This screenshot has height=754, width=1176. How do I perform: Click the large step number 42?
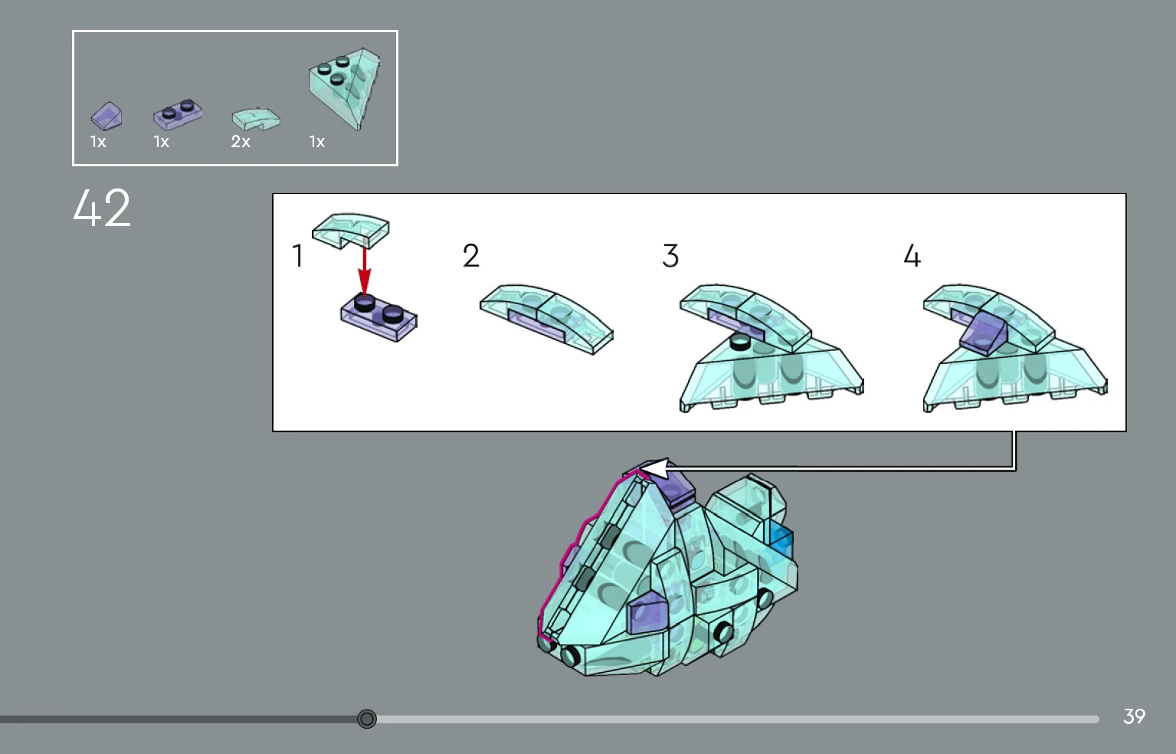pyautogui.click(x=102, y=208)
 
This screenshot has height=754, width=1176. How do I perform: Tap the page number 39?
pyautogui.click(x=1134, y=716)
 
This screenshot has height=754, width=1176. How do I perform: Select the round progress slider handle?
pyautogui.click(x=367, y=718)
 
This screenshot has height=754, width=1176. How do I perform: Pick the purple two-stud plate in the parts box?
pyautogui.click(x=178, y=114)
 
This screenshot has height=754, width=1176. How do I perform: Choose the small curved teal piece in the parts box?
pyautogui.click(x=256, y=119)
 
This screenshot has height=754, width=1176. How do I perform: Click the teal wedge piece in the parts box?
pyautogui.click(x=345, y=87)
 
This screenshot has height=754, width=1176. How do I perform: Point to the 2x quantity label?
pyautogui.click(x=241, y=141)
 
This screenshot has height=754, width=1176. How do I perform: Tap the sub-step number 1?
pyautogui.click(x=298, y=256)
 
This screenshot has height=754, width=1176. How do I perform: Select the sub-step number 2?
pyautogui.click(x=471, y=256)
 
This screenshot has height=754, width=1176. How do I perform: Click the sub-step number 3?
pyautogui.click(x=670, y=256)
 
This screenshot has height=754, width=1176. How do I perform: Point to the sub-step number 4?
pyautogui.click(x=912, y=256)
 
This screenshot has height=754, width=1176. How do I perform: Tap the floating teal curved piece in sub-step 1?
pyautogui.click(x=351, y=230)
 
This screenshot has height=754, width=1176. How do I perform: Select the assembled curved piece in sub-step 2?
pyautogui.click(x=546, y=318)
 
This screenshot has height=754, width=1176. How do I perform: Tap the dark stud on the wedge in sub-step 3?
pyautogui.click(x=740, y=342)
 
